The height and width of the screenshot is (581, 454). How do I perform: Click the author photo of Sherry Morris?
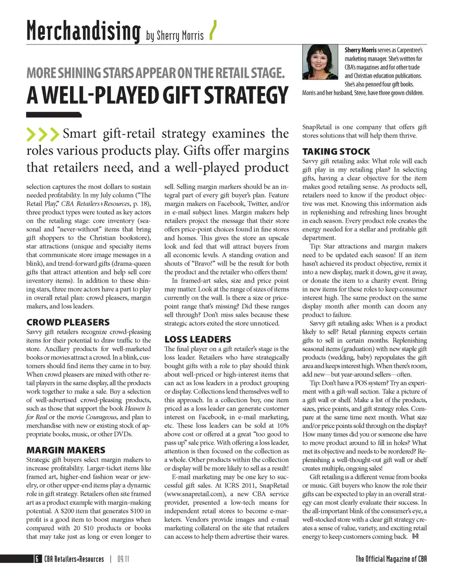pyautogui.click(x=320, y=61)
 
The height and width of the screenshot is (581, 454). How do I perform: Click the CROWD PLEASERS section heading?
pyautogui.click(x=68, y=322)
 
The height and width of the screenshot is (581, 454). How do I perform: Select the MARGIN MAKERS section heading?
pyautogui.click(x=66, y=450)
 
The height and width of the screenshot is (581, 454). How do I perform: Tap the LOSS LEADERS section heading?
pyautogui.click(x=198, y=339)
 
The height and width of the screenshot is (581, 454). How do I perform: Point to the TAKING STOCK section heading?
pyautogui.click(x=336, y=151)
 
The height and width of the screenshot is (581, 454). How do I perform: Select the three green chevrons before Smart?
pyautogui.click(x=43, y=134)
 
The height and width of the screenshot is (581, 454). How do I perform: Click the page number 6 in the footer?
pyautogui.click(x=36, y=559)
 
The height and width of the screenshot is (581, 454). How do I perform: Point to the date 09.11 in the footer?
pyautogui.click(x=123, y=559)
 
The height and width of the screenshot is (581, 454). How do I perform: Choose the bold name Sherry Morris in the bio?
pyautogui.click(x=361, y=50)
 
